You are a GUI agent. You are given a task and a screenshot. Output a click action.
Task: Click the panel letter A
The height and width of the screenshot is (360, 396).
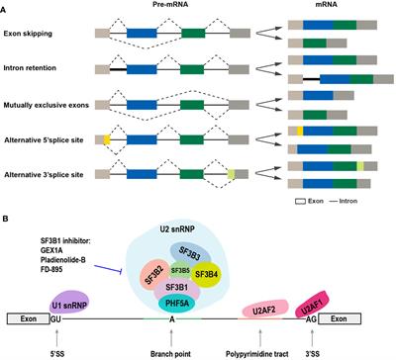(x=8, y=7)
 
